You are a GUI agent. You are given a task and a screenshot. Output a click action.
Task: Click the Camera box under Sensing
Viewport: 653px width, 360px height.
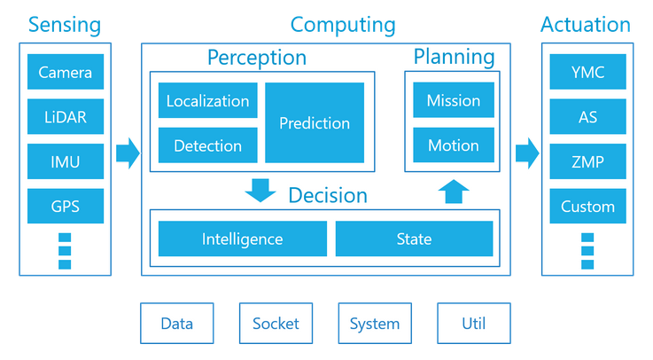click(x=66, y=72)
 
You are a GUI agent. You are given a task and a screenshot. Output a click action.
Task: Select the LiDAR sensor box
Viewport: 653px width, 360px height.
click(x=66, y=117)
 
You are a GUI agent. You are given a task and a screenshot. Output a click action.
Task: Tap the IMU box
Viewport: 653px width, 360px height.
click(x=66, y=161)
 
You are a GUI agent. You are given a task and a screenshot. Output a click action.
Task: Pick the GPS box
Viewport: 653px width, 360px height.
click(x=66, y=207)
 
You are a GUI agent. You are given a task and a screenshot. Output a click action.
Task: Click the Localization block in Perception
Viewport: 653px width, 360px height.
click(x=208, y=100)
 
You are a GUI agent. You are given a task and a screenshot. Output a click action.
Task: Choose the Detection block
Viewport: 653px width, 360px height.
click(x=208, y=145)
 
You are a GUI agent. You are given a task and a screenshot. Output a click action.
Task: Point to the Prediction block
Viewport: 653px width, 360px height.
click(x=315, y=123)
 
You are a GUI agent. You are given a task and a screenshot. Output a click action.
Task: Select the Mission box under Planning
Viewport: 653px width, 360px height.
click(x=453, y=100)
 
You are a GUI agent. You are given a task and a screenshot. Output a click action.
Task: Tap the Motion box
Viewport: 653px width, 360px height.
click(x=453, y=145)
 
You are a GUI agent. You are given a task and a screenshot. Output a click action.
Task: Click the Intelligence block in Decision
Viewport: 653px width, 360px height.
click(x=242, y=239)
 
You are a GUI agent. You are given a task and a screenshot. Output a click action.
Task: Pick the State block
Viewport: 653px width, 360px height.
click(x=414, y=239)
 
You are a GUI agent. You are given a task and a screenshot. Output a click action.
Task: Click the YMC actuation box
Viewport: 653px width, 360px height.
click(x=587, y=72)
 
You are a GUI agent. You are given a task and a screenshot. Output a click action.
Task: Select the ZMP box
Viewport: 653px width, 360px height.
click(x=587, y=161)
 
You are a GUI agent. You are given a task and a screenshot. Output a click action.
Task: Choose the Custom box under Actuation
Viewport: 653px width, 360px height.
click(x=587, y=207)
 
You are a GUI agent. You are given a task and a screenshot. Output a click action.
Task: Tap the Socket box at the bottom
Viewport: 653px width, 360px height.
click(x=276, y=324)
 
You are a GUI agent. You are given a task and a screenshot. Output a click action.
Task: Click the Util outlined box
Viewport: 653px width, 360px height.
click(x=473, y=324)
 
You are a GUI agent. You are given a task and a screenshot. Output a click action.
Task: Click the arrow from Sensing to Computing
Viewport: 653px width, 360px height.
click(x=128, y=153)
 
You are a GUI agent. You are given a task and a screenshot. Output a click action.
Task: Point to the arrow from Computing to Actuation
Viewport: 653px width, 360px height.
click(x=527, y=153)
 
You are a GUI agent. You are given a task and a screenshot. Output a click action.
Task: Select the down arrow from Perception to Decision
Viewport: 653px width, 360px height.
click(x=260, y=190)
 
